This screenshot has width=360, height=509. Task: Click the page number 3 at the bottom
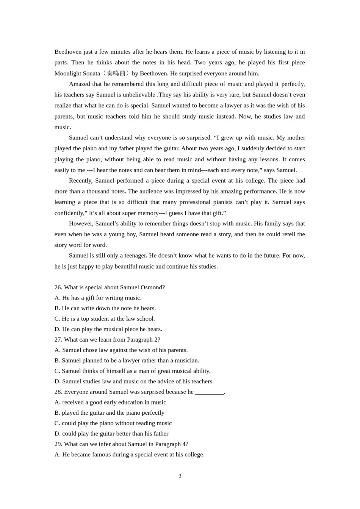[x=180, y=476]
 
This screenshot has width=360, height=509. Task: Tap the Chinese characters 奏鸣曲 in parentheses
[x=116, y=73]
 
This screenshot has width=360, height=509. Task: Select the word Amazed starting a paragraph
[x=80, y=84]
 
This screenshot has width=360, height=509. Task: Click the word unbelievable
[x=137, y=95]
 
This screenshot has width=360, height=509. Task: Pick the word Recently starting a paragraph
[x=80, y=181]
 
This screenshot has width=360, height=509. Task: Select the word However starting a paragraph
[x=81, y=223]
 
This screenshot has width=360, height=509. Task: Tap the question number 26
[x=58, y=287]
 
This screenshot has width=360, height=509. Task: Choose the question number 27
[x=58, y=340]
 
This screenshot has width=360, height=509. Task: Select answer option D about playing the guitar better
[x=111, y=434]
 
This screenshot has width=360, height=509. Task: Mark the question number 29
[x=58, y=444]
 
